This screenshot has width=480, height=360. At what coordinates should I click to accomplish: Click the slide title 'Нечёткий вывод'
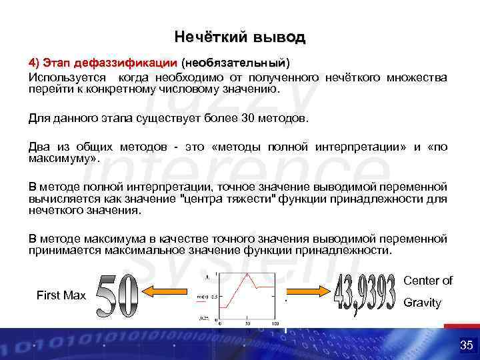point(239,36)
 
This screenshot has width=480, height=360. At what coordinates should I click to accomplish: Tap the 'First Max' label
point(61,295)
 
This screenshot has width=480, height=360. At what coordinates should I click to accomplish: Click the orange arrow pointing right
point(307,291)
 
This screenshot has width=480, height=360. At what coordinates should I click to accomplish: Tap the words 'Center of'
point(428,281)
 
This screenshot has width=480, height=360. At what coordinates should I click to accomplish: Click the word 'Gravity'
point(423,303)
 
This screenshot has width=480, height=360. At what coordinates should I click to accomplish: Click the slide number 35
point(465,345)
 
